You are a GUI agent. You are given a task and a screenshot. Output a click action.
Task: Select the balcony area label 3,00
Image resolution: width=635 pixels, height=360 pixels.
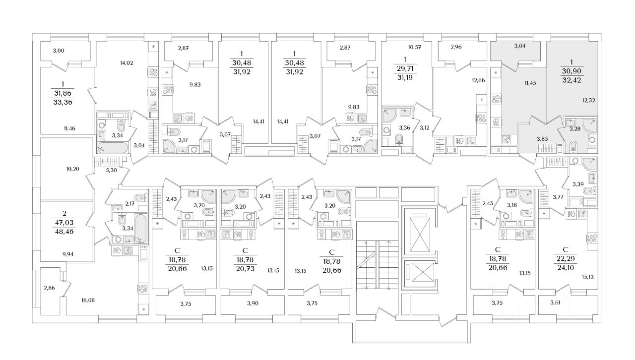pyautogui.click(x=59, y=51)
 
